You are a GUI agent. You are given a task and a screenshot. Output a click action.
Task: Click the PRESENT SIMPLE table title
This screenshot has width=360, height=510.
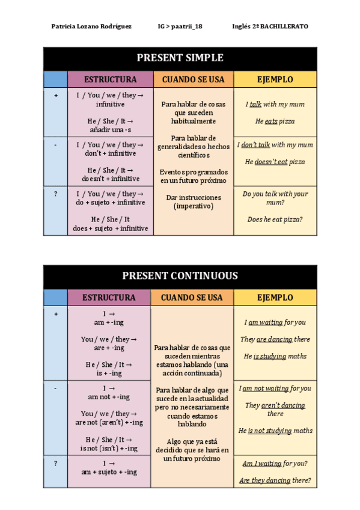pos(180,58)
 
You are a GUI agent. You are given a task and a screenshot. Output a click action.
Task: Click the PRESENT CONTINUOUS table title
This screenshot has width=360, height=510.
pos(180,276)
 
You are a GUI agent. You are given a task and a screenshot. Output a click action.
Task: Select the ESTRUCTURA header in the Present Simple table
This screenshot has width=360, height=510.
pos(110,79)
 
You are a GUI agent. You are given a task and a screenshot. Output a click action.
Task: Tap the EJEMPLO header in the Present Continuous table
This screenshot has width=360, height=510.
pos(275,298)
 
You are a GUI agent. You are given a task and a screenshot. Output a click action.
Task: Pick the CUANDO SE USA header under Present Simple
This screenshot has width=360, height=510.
pos(193,79)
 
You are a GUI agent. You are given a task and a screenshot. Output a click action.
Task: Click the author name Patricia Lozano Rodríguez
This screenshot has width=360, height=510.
pos(91,26)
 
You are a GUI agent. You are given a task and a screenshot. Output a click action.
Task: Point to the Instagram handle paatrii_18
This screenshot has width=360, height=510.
pos(180,26)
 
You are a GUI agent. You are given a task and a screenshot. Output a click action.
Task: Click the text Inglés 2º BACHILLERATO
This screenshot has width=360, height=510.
pos(270,26)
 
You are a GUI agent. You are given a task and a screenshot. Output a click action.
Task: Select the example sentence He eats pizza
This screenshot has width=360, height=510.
pos(275,121)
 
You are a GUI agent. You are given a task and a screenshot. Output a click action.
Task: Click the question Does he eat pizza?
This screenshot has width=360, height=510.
pos(275,220)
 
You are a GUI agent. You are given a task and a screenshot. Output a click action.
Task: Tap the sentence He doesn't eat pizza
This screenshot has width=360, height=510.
pos(275,162)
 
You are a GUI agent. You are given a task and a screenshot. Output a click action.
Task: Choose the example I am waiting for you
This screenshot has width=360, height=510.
pos(275,322)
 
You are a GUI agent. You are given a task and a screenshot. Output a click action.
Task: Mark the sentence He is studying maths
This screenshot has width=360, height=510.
pos(275,356)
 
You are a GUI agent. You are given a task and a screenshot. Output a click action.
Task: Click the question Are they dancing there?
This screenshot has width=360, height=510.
pos(275,481)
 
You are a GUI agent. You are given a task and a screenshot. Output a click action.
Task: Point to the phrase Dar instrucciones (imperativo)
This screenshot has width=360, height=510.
pos(193,201)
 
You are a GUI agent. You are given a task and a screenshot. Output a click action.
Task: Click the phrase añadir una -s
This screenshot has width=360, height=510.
pos(110,130)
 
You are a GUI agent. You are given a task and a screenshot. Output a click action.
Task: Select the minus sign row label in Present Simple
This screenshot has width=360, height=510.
pos(55,145)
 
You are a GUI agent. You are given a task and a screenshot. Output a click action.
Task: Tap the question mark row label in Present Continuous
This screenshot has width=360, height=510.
pos(55,464)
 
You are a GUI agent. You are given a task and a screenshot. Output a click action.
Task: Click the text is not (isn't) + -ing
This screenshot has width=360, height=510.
pos(109,448)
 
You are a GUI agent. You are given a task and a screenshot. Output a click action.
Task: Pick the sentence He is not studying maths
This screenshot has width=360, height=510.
pos(275,431)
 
